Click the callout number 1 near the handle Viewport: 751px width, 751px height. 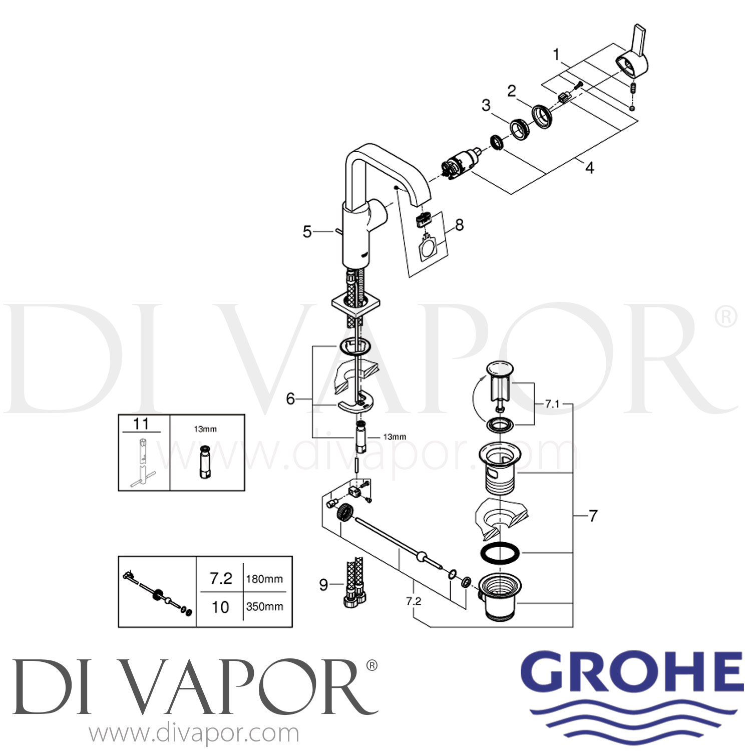[556, 54]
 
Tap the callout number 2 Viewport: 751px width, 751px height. [511, 91]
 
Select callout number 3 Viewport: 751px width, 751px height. [486, 105]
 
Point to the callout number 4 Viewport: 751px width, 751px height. [590, 167]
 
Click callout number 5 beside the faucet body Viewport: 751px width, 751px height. [307, 232]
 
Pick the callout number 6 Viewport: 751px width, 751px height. [290, 399]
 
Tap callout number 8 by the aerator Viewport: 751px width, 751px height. [459, 225]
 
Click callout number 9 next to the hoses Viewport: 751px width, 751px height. [324, 584]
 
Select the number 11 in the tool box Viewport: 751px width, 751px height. [141, 424]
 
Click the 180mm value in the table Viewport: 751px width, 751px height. [264, 579]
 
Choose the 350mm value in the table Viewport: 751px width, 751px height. [264, 606]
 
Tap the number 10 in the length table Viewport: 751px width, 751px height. [220, 607]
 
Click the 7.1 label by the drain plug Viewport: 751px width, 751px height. [552, 404]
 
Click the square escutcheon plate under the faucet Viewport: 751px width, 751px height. [356, 304]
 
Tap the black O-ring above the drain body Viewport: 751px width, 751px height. [500, 552]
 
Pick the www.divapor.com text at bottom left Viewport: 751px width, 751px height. [194, 734]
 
